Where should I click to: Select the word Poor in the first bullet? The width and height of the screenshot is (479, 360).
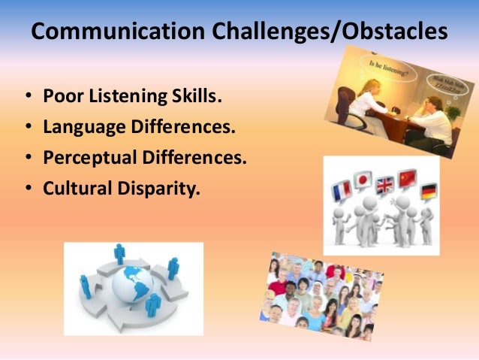[60, 97]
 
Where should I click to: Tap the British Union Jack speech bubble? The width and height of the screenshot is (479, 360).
[386, 185]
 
